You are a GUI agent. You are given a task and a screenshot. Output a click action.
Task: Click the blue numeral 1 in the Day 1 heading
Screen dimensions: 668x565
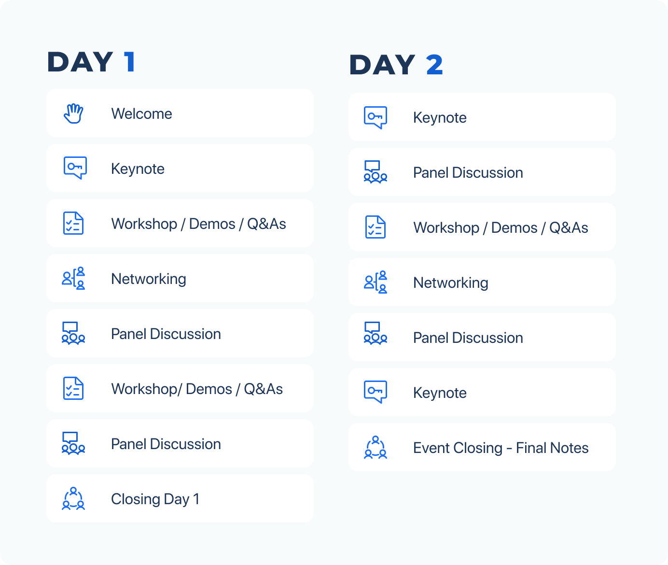click(130, 62)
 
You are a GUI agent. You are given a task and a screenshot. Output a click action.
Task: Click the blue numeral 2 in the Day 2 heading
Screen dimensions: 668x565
click(434, 65)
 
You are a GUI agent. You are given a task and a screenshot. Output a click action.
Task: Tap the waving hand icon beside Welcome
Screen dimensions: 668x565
click(73, 113)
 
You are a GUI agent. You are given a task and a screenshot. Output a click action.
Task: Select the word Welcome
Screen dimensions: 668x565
click(141, 114)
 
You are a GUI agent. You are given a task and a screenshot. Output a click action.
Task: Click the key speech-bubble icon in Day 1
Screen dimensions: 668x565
click(75, 168)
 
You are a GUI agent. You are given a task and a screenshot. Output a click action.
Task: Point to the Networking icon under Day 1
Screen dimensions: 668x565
click(73, 278)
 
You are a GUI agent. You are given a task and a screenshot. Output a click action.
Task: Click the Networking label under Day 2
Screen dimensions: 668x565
click(450, 282)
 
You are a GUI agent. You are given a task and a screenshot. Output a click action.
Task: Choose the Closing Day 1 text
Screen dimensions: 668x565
click(155, 499)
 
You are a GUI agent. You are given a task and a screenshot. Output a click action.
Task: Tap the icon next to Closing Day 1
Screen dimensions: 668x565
click(73, 498)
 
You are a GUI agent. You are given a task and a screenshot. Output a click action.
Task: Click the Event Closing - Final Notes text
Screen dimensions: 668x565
click(501, 448)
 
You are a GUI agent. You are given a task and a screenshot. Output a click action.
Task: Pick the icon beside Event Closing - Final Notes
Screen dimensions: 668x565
click(375, 447)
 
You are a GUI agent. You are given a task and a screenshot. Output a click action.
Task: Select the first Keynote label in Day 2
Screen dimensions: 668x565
click(440, 118)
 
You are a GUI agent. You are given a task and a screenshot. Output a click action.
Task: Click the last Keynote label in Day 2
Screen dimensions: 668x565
click(440, 393)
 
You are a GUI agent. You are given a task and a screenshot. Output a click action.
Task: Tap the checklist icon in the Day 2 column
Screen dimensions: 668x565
click(375, 227)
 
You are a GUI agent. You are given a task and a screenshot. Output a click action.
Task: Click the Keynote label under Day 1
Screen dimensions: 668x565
click(138, 169)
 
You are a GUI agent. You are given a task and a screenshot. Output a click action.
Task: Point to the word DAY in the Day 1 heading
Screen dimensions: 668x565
click(80, 62)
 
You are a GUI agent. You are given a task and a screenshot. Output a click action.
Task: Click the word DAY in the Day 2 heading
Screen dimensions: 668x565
click(382, 65)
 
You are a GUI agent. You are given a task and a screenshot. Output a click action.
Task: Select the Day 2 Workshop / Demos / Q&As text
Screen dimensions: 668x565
click(501, 227)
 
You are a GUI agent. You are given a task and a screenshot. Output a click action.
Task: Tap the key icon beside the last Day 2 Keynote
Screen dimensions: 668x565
click(375, 392)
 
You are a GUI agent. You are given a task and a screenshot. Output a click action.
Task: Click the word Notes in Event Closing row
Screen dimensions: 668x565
click(569, 448)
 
